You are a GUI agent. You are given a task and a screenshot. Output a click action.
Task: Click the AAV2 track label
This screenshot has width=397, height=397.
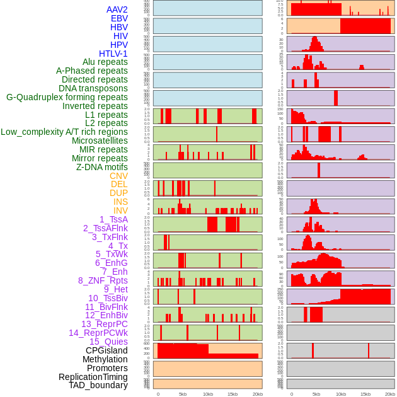pos(117,9)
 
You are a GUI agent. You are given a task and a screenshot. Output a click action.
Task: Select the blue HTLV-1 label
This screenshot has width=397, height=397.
pos(113,54)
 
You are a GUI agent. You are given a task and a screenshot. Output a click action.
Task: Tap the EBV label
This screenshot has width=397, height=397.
pos(118,18)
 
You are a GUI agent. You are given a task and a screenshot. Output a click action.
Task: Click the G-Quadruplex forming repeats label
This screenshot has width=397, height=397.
pos(67,97)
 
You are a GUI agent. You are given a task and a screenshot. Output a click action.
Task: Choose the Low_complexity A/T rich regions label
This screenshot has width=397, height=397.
pos(64,132)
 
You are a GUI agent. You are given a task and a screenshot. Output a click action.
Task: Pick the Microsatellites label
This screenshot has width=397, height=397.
pos(100,141)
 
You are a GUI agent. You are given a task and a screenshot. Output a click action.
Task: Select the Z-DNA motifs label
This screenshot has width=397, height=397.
pos(101,167)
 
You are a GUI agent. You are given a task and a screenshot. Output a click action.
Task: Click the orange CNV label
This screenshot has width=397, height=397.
pos(118,176)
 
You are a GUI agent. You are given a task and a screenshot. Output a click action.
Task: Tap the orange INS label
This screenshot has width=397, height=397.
pos(120,202)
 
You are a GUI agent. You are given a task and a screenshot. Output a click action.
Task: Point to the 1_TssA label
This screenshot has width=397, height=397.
pos(113,219)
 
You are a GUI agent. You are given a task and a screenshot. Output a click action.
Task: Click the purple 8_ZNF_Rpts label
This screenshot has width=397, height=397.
pos(103,280)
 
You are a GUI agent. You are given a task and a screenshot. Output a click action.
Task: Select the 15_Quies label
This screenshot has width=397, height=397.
pos(108,342)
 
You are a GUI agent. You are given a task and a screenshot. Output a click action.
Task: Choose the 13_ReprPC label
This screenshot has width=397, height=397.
pos(104,324)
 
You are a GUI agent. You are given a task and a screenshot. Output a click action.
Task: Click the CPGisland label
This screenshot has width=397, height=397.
pos(106,350)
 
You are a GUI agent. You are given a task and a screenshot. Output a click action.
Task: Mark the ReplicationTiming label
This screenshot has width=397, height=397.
pos(93,377)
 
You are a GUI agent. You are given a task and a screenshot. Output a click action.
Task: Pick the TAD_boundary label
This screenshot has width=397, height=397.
pos(98,385)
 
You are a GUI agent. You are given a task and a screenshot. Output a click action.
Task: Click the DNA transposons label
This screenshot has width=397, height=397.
pos(93,88)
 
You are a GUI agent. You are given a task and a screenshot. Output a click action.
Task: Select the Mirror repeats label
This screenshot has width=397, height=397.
pos(99,158)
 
